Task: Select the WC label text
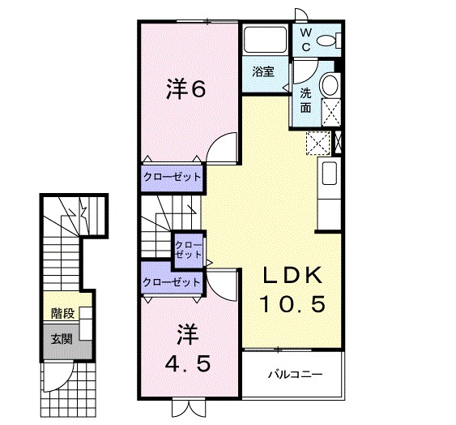coord(306,39)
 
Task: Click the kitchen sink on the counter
coord(329,174)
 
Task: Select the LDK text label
coord(291,276)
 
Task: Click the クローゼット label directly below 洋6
coord(172,176)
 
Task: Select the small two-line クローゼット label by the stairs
coord(190,248)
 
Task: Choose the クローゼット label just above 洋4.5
coord(171,281)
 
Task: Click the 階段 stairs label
coord(62,312)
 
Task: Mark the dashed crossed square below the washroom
coord(318,143)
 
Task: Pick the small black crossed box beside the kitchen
coord(338,143)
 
